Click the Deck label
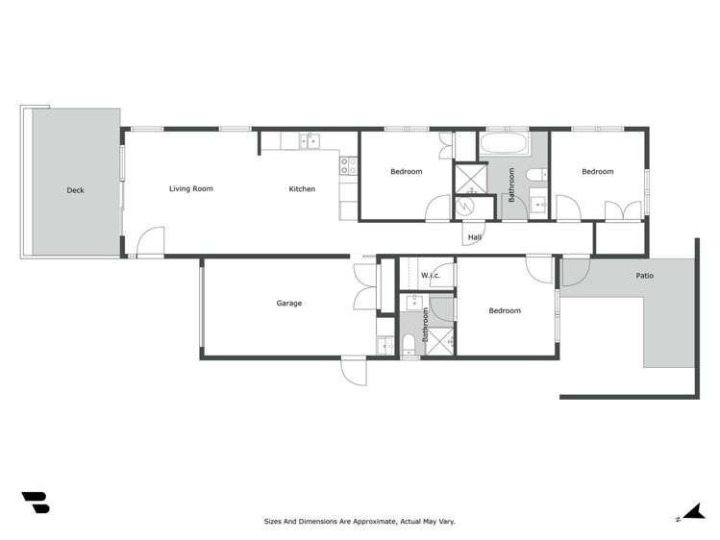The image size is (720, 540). [x=75, y=190]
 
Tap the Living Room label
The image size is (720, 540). [x=190, y=188]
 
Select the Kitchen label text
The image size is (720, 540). [x=302, y=188]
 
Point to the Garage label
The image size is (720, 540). [x=289, y=303]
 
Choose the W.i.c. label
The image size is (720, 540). [x=430, y=276]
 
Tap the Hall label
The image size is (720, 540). [x=474, y=237]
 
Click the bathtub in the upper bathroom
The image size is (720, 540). [x=503, y=145]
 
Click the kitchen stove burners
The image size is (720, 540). [x=348, y=166]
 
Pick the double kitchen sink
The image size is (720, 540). [x=310, y=141]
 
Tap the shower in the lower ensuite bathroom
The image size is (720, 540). [x=440, y=340]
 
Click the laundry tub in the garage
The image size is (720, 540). [x=385, y=344]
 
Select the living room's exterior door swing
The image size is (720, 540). [x=149, y=242]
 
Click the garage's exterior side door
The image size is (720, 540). [x=353, y=370]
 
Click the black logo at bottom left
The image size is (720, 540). [x=35, y=502]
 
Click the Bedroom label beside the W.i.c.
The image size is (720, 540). [x=504, y=310]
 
